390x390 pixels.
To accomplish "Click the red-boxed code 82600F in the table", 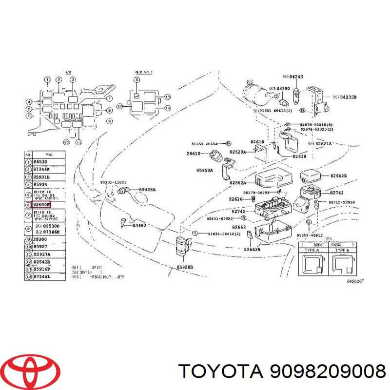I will pos(42,205).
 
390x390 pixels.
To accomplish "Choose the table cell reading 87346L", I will pos(42,277).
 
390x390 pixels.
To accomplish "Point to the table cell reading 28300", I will pos(41,240).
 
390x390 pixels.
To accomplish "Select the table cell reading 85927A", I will pos(42,254).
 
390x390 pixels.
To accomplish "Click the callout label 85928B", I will pos(185,268).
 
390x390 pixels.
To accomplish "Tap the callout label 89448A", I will pos(147,189).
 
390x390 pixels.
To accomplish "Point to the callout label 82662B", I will pos(338,175).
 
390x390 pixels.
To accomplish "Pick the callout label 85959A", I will pos(205,171).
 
